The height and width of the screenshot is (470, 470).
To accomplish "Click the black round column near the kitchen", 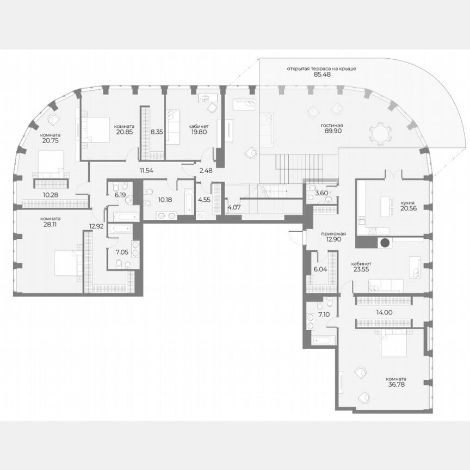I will pos(385,243).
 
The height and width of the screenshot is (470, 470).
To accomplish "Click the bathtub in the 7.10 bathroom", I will pos(322,341).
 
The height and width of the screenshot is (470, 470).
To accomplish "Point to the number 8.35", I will pos(157,131).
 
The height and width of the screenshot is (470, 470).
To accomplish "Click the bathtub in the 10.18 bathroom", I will pos(188,201).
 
